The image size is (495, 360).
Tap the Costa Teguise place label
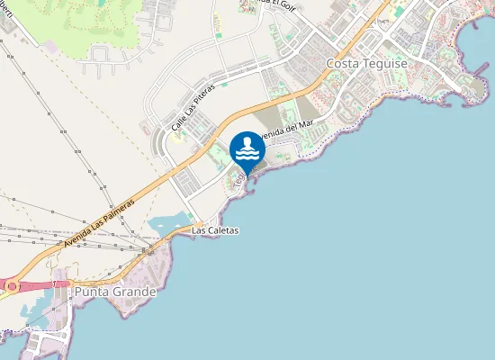pyautogui.click(x=366, y=64)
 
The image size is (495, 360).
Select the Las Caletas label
pyautogui.click(x=216, y=231)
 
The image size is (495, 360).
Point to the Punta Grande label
pyautogui.click(x=115, y=292)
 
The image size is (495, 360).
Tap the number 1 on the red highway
pyautogui.click(x=55, y=283)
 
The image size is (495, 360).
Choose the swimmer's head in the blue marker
pyautogui.click(x=247, y=140)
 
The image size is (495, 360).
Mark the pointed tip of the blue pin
pyautogui.click(x=247, y=175)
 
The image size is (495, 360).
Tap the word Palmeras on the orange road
pyautogui.click(x=117, y=213)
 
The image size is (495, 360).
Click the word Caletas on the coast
pyautogui.click(x=222, y=231)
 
